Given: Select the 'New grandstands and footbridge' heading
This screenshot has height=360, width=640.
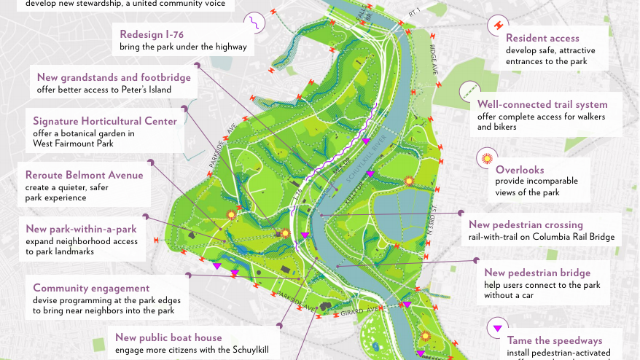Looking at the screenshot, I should [x=114, y=77].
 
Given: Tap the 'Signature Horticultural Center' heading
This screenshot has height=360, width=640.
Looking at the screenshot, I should [x=105, y=121].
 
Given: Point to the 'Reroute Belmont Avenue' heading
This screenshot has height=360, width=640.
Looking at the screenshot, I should [x=85, y=175].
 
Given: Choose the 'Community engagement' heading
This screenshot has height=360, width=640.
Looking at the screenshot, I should [x=91, y=288].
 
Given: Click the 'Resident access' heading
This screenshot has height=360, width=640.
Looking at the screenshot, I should [x=542, y=38].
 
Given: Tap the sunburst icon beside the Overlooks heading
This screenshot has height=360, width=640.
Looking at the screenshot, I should [x=485, y=159].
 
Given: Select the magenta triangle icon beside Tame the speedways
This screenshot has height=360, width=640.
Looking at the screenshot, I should [x=498, y=327].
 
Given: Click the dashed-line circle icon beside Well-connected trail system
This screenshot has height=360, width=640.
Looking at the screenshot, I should [x=468, y=91].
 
